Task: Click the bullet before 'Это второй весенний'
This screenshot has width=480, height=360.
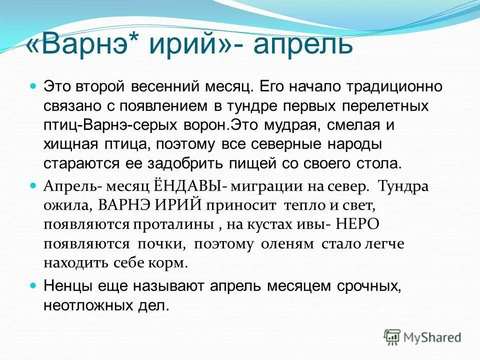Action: pos(33,86)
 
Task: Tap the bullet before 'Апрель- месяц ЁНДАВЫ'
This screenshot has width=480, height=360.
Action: pos(33,185)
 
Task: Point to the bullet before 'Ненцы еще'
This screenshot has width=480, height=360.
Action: pos(33,285)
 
